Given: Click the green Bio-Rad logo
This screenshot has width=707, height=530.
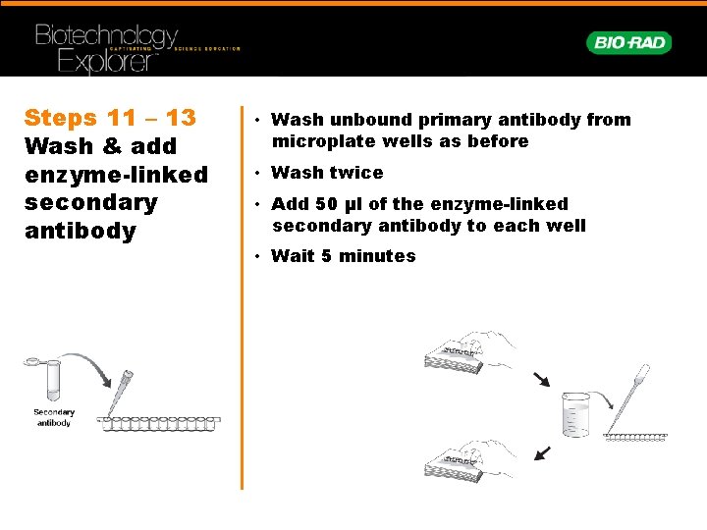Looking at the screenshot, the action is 629,43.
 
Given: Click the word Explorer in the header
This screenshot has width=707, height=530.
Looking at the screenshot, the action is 108,61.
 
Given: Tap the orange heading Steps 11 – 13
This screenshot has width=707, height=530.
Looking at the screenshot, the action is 110,118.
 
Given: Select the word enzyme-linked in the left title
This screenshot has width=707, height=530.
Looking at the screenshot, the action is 116,175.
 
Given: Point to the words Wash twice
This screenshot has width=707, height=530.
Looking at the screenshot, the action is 327,173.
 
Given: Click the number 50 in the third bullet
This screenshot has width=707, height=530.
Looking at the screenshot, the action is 327,204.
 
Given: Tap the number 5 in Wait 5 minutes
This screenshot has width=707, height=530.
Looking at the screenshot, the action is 326,256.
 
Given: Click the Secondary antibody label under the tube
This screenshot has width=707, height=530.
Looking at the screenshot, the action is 54,417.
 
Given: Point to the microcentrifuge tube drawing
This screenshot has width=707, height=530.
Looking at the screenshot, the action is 46,378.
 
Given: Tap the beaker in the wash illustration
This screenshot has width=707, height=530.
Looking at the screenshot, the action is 575,414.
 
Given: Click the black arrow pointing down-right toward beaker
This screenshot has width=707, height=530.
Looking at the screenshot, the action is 541,380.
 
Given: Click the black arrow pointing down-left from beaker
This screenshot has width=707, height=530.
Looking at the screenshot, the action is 542,453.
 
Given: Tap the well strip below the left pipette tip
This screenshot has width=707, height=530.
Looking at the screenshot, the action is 159,424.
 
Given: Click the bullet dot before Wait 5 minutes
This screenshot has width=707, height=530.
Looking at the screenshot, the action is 257,256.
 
